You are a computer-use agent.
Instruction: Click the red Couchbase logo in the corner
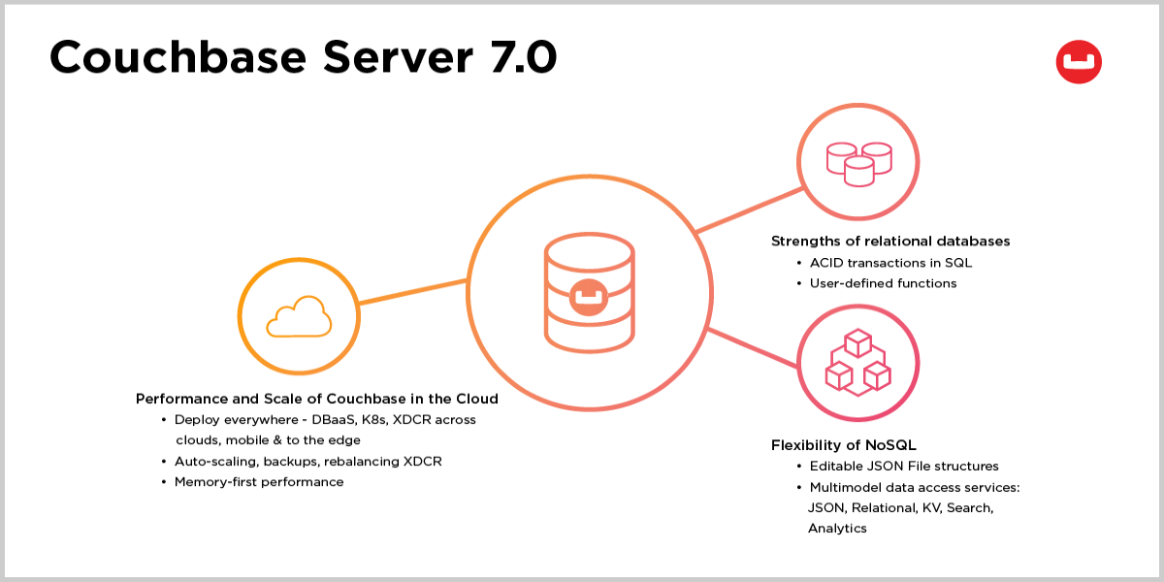[x=1079, y=62]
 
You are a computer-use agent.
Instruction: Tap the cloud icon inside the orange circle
[x=299, y=316]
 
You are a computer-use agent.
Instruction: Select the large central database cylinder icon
[x=590, y=293]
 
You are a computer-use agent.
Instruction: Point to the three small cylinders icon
[x=859, y=164]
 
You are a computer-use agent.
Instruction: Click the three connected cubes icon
[x=857, y=362]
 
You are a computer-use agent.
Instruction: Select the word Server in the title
[x=398, y=57]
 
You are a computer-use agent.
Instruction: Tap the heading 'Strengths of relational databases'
[x=890, y=242]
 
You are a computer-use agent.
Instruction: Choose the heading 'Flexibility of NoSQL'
[x=843, y=445]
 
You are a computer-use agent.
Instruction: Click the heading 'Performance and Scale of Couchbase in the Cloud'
[x=317, y=399]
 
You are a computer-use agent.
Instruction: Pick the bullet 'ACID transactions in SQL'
[x=890, y=263]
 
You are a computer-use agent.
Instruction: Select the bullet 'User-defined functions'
[x=883, y=283]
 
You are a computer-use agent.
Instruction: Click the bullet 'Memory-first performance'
[x=259, y=482]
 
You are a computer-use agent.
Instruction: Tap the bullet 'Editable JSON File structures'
[x=904, y=467]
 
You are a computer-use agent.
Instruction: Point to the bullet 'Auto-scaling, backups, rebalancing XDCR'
[x=308, y=462]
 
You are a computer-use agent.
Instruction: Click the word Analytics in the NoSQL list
[x=837, y=529]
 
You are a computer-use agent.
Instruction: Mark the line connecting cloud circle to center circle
[x=413, y=292]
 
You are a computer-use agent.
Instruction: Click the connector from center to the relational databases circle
[x=750, y=210]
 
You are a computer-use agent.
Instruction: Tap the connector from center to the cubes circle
[x=753, y=347]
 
